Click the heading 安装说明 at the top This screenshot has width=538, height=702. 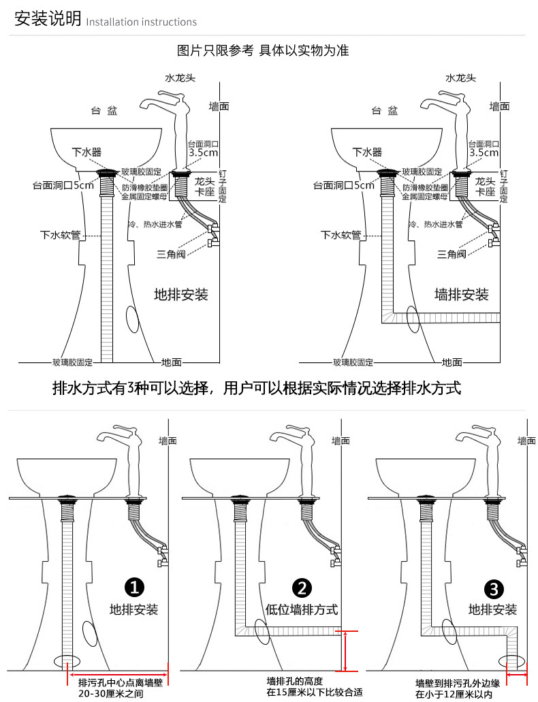[48, 19]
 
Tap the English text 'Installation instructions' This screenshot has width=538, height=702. [142, 22]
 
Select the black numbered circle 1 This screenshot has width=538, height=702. [134, 587]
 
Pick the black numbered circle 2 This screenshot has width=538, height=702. [302, 587]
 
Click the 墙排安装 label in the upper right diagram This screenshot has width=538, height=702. [462, 294]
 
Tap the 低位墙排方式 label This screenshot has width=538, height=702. [302, 609]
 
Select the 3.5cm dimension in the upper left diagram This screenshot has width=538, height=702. [202, 153]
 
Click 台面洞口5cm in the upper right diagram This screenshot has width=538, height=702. [343, 185]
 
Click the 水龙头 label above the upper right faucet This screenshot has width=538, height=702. [460, 78]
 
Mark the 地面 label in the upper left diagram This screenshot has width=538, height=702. [172, 362]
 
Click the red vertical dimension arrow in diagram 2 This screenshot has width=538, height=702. [347, 651]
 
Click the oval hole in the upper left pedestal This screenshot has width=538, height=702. [133, 318]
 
